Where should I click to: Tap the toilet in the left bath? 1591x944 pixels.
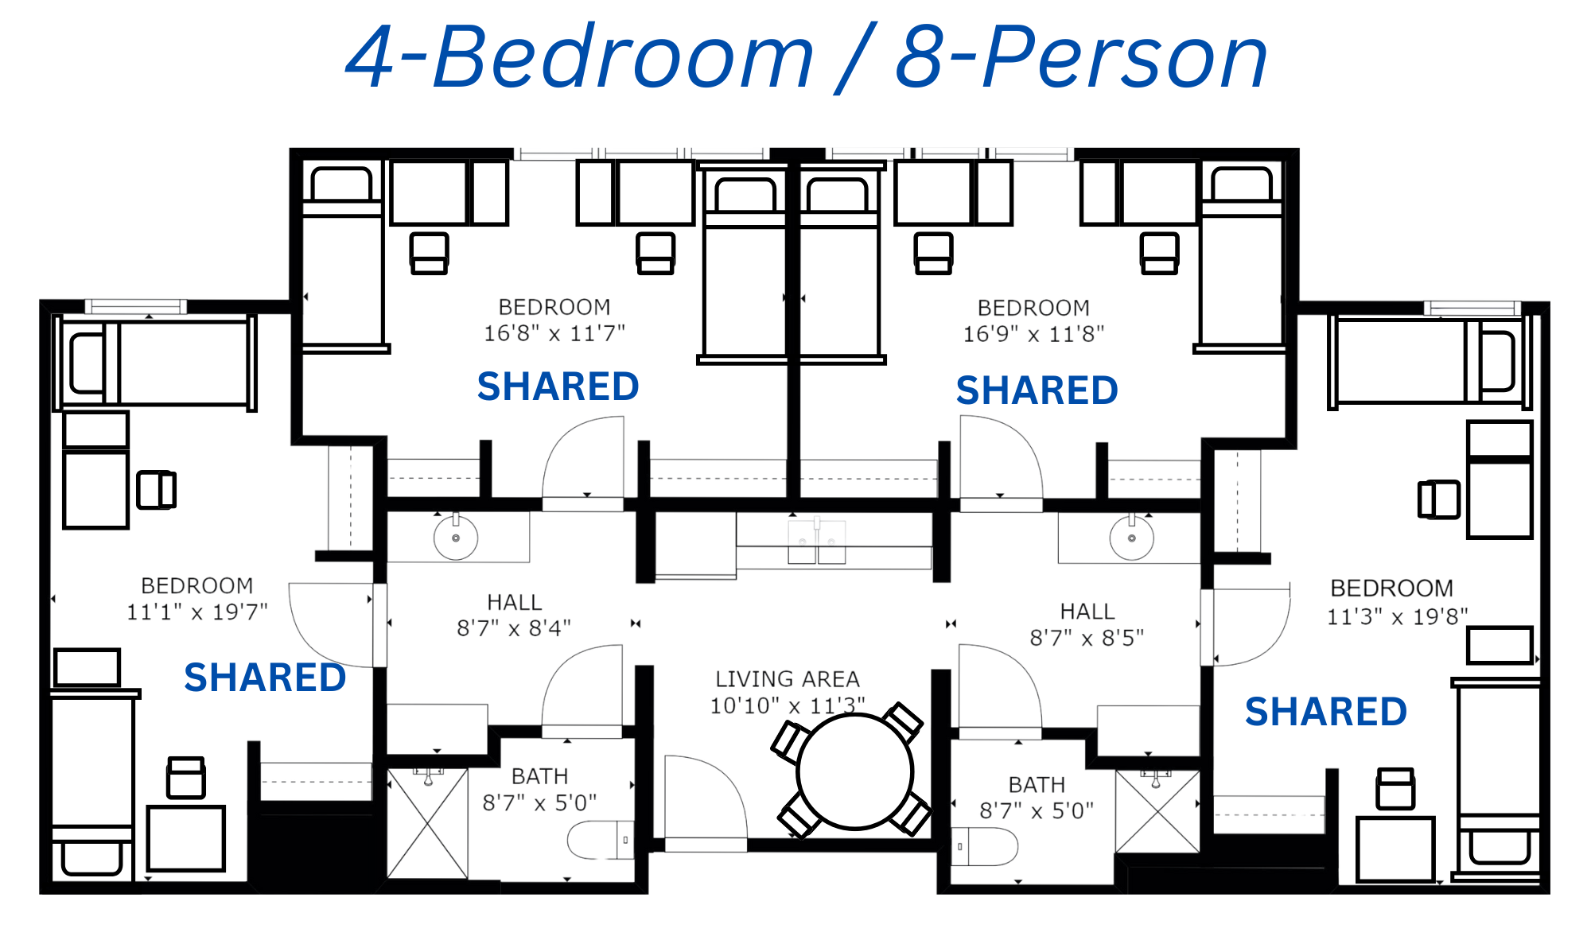pos(601,840)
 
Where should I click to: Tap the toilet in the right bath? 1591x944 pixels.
pos(985,847)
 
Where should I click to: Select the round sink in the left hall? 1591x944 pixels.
pos(456,538)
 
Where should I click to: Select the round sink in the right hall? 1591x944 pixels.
pos(1132,538)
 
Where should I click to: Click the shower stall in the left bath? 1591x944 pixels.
pos(427,823)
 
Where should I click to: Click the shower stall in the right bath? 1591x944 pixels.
pos(1157,811)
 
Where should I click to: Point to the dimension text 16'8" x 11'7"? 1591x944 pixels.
pos(554,333)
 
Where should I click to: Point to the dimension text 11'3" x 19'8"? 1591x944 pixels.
pos(1398,616)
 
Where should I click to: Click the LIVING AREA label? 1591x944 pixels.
pos(788,679)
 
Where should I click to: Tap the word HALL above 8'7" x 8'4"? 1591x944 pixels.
pos(514,602)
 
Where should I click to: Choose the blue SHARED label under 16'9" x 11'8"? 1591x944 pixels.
pos(1037,390)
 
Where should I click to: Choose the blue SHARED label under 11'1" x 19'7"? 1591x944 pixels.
pos(265,678)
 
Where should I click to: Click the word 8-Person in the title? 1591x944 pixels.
pos(1082,57)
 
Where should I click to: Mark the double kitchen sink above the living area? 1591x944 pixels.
pos(817,541)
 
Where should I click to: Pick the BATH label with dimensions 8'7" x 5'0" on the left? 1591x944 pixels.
pos(539,776)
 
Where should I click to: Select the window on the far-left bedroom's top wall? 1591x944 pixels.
pos(136,307)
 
